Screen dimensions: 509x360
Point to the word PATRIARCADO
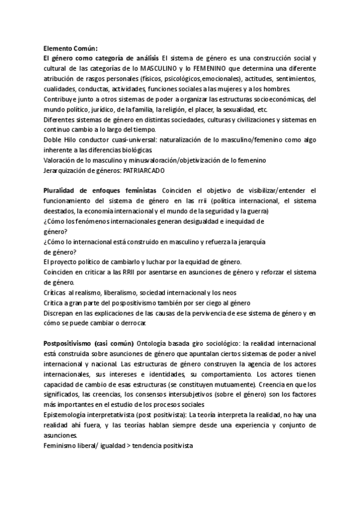click(146, 170)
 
